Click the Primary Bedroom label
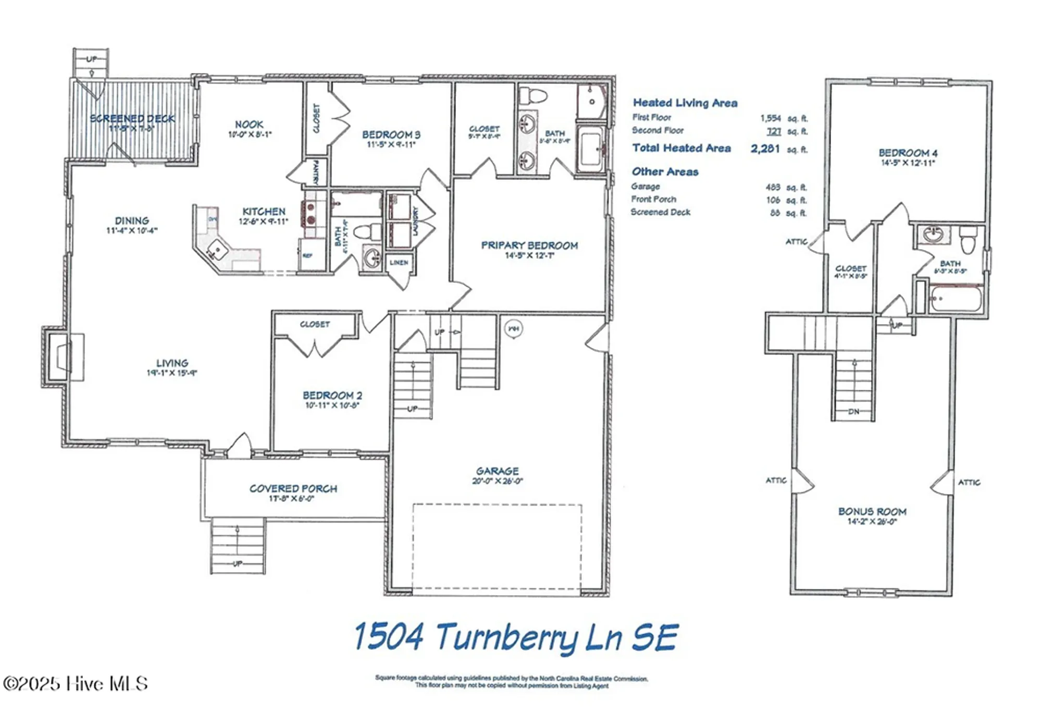(529, 245)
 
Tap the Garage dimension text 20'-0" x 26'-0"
(497, 481)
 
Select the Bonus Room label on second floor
(872, 512)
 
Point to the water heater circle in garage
(514, 329)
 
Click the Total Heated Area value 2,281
(765, 149)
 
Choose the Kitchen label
(264, 212)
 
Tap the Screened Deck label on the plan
(132, 119)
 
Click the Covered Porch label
(293, 489)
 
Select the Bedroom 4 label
(908, 153)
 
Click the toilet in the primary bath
(534, 96)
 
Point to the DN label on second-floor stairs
(853, 412)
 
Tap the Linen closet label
(399, 263)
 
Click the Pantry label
(315, 172)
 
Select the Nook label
(249, 125)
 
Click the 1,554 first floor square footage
(771, 118)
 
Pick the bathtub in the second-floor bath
(955, 299)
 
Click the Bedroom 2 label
(332, 396)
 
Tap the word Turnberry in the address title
(507, 637)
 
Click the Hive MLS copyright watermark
(76, 683)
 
